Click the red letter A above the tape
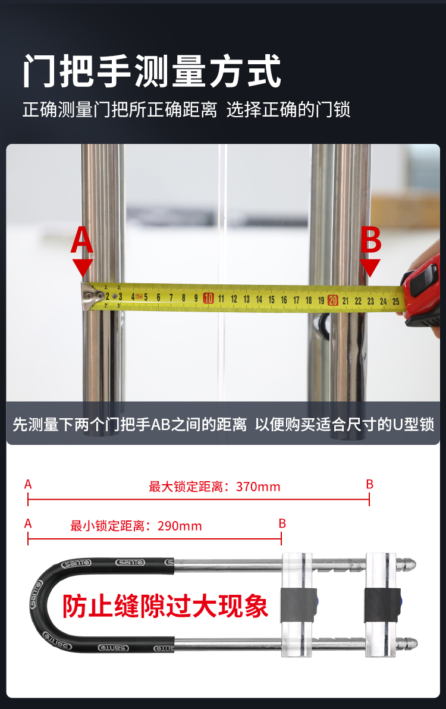[x=82, y=240]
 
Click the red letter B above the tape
[x=370, y=240]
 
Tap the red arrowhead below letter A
[x=82, y=267]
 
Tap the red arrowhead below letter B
[x=370, y=267]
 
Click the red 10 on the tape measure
[x=208, y=298]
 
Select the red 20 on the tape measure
[x=333, y=300]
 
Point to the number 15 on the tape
[x=271, y=299]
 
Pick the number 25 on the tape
[x=396, y=301]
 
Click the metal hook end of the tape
[x=89, y=296]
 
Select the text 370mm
[x=258, y=487]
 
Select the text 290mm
[x=180, y=526]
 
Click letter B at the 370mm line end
[x=370, y=484]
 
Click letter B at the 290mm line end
[x=282, y=523]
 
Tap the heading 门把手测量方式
[x=152, y=71]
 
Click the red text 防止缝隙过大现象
[x=165, y=606]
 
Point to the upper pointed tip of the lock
[x=410, y=564]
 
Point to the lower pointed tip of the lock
[x=410, y=643]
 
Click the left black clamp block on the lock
[x=299, y=606]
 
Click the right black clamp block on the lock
[x=382, y=606]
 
